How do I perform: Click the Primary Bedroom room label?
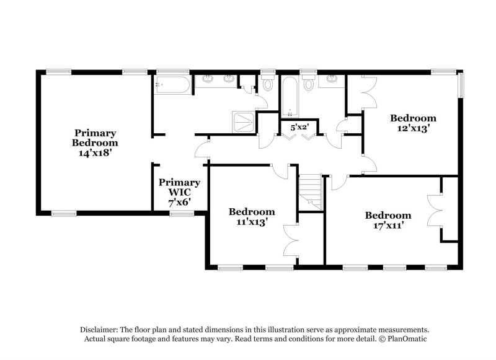coord(95,138)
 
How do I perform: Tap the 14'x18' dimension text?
coord(95,151)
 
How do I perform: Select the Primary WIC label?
coord(179,187)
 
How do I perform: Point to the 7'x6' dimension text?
coord(179,201)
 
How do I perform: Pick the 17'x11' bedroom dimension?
coord(387,225)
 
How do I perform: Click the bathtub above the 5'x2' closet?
coord(290,96)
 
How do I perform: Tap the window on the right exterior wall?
coord(460,86)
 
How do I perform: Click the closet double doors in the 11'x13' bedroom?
coord(290,240)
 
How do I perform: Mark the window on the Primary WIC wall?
coord(182,213)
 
